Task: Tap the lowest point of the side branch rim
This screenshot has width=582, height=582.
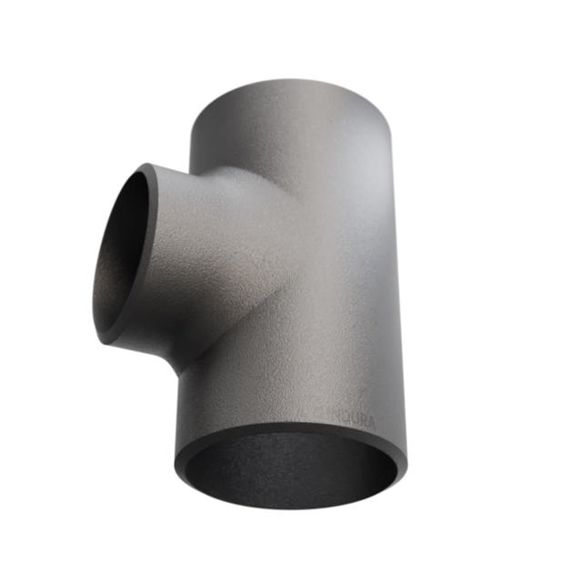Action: point(107,343)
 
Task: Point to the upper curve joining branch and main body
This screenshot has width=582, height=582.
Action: point(218,173)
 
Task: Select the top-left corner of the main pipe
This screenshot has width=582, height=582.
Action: point(190,127)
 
